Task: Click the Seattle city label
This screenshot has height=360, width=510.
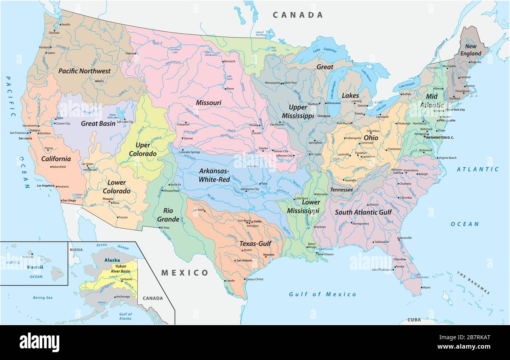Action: click(66, 24)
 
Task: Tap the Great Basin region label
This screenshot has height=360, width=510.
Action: click(98, 124)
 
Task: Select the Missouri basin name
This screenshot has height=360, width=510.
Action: click(209, 103)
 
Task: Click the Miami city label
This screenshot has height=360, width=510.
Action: click(426, 287)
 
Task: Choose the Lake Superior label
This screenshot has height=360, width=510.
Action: click(325, 51)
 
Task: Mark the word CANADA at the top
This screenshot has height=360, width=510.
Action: click(298, 15)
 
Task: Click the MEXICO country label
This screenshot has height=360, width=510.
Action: click(185, 273)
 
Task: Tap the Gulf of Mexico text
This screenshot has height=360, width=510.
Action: click(322, 294)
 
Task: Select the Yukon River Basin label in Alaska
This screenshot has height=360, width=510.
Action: click(120, 269)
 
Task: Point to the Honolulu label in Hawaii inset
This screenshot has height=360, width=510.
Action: click(28, 257)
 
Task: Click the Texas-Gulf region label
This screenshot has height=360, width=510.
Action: click(255, 244)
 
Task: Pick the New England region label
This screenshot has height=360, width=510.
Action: click(470, 50)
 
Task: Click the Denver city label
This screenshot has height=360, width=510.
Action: click(188, 138)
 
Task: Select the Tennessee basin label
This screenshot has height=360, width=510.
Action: click(341, 190)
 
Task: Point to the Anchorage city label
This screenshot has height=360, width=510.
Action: click(123, 296)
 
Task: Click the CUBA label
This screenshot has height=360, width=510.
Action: click(413, 320)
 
